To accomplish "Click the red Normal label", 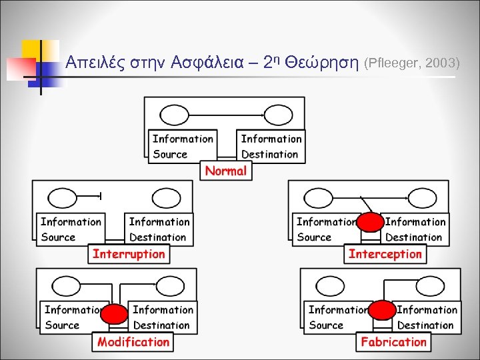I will click(x=226, y=171).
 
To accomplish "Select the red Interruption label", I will click(x=129, y=254).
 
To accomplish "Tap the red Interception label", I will click(x=385, y=254).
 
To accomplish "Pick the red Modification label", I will click(x=133, y=342).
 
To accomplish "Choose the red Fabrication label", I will click(x=393, y=342).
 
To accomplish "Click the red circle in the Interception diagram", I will click(x=370, y=223).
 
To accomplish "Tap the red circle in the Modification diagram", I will click(x=115, y=313).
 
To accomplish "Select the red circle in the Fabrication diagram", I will click(x=382, y=310).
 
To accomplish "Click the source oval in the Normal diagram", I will click(x=175, y=116).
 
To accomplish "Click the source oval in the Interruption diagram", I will click(x=64, y=198).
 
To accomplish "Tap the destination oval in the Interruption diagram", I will click(x=166, y=198).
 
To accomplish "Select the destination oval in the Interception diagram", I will click(x=422, y=198).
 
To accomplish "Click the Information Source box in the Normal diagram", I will click(x=183, y=147).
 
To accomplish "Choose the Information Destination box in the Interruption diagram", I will click(x=159, y=229).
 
